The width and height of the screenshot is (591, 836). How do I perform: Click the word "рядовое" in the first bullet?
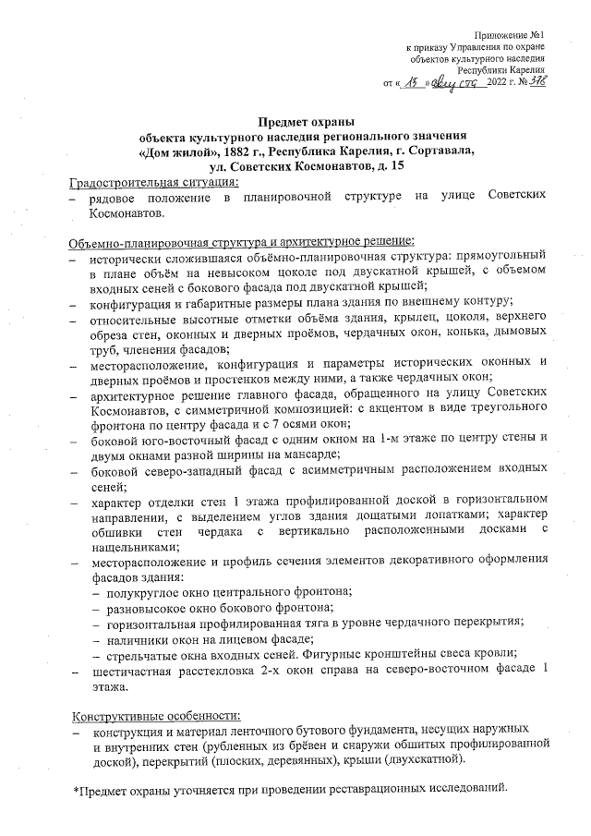click(x=115, y=198)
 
